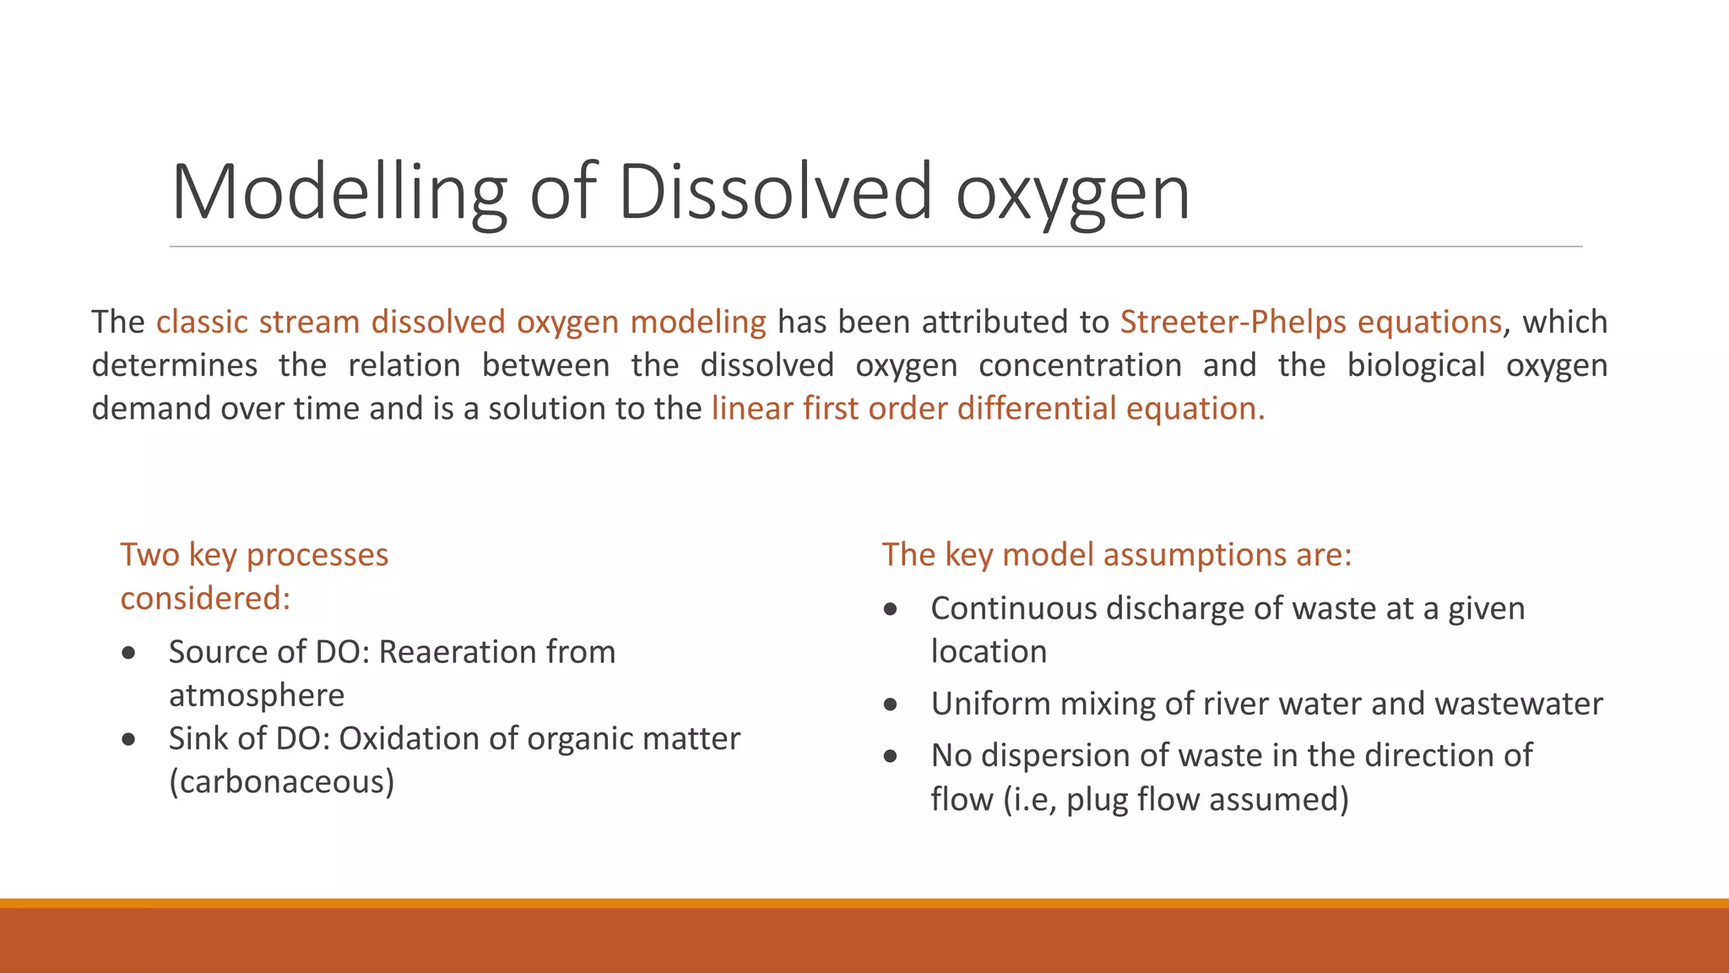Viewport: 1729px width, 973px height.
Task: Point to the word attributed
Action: coord(993,322)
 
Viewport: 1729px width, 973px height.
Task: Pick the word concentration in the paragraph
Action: coord(1080,365)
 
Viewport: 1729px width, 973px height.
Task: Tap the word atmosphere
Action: coord(257,695)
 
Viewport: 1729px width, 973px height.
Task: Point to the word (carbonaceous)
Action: coord(282,781)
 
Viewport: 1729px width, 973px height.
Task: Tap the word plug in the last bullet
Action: coord(1097,799)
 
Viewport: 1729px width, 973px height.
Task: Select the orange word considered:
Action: coord(205,598)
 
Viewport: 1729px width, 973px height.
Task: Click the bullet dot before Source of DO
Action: coord(128,653)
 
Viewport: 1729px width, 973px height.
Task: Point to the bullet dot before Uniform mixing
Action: coord(891,704)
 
